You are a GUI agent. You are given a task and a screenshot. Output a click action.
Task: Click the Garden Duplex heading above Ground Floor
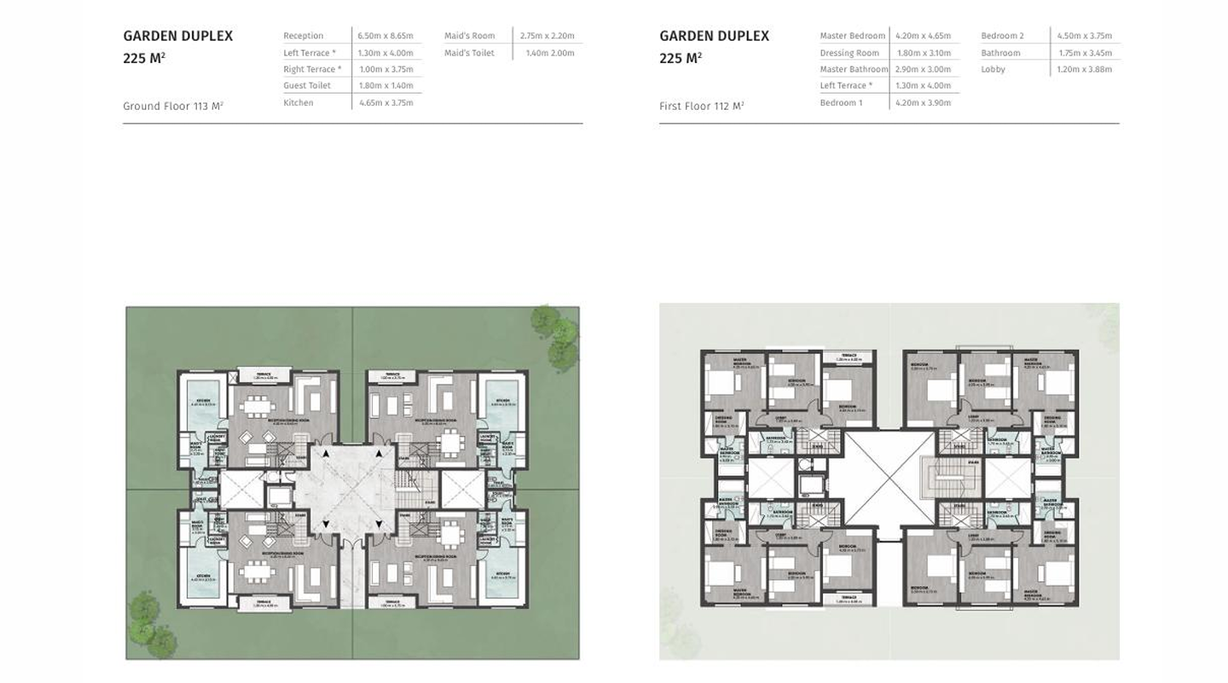pos(177,36)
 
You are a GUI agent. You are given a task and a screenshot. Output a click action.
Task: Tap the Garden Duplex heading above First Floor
pos(714,36)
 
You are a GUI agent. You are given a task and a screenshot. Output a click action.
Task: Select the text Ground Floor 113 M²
pos(173,107)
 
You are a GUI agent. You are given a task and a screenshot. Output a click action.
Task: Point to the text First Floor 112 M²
pos(701,107)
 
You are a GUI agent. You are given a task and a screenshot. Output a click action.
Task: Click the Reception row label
pos(304,36)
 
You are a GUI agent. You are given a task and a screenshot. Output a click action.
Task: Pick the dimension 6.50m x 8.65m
pos(385,36)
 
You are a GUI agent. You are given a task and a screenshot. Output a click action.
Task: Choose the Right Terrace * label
pos(312,69)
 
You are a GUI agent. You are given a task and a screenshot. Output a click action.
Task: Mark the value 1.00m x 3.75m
pos(385,69)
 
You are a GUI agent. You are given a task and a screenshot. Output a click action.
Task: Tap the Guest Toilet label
pos(307,85)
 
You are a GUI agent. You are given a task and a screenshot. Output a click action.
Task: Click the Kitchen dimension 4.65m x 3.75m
pos(385,102)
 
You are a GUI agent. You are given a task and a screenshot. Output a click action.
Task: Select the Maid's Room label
pos(469,36)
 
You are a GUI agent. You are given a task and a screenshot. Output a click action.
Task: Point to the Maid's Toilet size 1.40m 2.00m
pos(549,53)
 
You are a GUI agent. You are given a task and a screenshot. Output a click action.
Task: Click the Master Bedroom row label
pos(852,36)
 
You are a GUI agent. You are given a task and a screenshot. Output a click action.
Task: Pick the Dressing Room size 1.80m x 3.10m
pos(923,53)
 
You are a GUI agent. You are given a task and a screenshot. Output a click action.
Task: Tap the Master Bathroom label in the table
pos(854,69)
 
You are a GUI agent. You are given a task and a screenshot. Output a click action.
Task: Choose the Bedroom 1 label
pos(841,102)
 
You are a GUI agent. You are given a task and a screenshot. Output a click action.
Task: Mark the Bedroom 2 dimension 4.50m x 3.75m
pos(1084,36)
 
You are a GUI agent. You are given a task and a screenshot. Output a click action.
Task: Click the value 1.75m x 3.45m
pos(1085,53)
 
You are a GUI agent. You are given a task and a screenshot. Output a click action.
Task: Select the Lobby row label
pos(993,69)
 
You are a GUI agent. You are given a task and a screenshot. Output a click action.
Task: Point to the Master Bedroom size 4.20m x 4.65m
pos(923,36)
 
